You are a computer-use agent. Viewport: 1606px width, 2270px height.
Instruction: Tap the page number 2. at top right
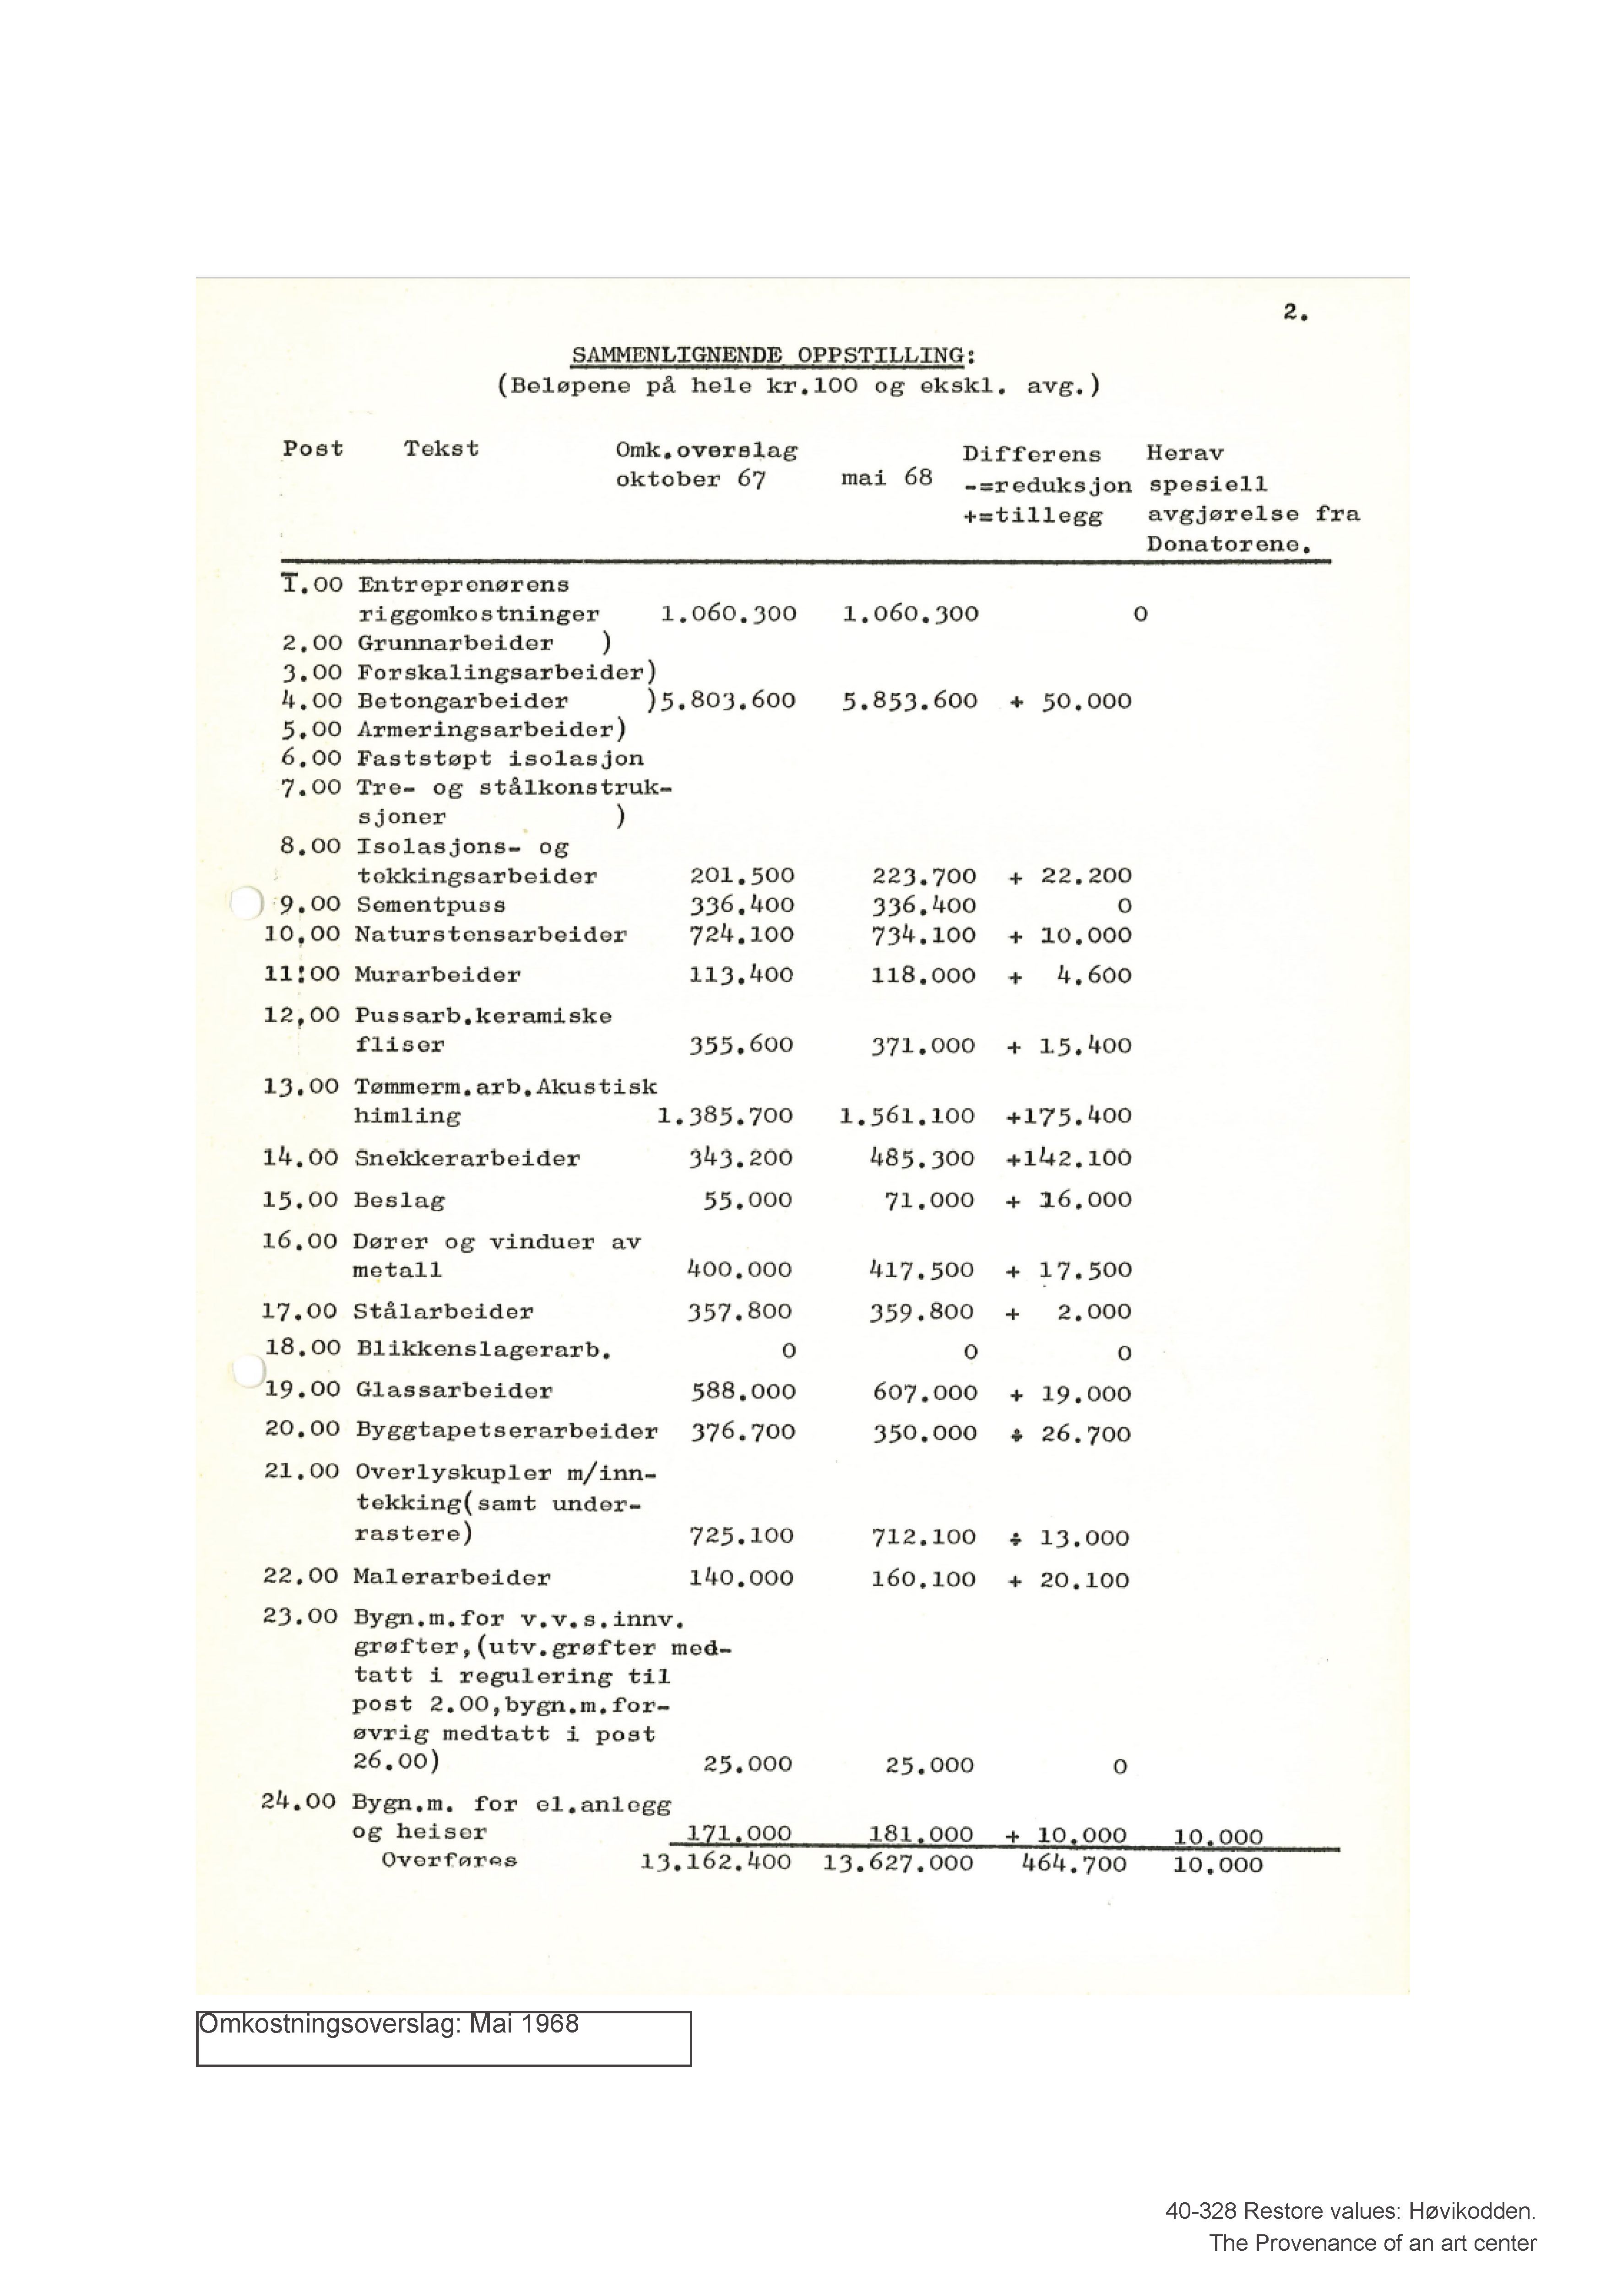click(x=1296, y=313)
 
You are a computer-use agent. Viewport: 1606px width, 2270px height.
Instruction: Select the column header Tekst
click(x=441, y=449)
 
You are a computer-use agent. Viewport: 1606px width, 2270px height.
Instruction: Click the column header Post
click(x=313, y=449)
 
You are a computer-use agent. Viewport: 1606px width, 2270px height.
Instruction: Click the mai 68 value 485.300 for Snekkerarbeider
click(x=922, y=1158)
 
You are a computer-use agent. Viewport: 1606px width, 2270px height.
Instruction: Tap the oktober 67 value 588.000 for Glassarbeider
click(x=743, y=1391)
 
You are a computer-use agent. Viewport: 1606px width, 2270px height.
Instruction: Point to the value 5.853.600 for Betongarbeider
click(x=910, y=701)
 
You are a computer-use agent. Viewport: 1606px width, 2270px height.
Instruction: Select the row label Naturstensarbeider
click(x=490, y=934)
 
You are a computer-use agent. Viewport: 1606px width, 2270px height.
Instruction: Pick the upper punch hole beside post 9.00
click(x=246, y=903)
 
